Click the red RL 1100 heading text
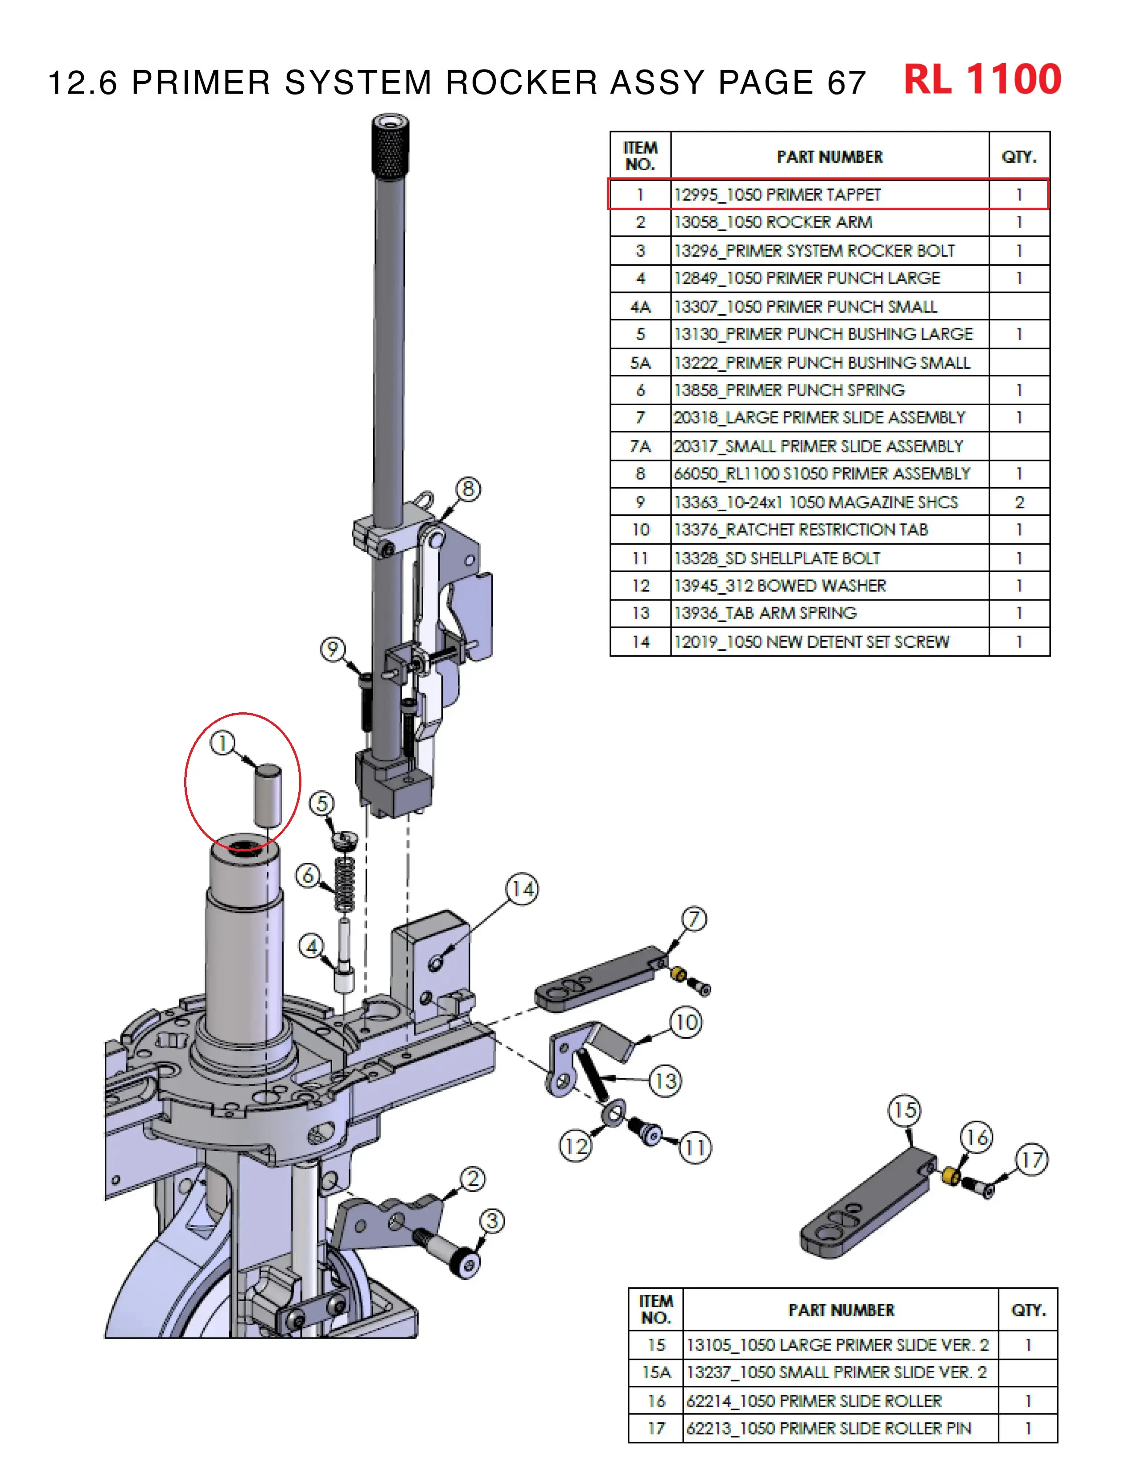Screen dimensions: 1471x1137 [x=982, y=80]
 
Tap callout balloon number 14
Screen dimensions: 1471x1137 [x=523, y=890]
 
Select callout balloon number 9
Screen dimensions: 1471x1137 [x=332, y=649]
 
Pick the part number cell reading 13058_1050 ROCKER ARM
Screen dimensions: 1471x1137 [x=773, y=222]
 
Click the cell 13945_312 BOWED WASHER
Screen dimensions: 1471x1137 [x=780, y=586]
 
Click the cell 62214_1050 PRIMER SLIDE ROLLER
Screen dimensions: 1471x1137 [x=814, y=1401]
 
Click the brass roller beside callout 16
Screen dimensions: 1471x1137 [x=951, y=1177]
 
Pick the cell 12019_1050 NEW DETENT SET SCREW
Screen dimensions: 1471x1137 [x=812, y=642]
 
